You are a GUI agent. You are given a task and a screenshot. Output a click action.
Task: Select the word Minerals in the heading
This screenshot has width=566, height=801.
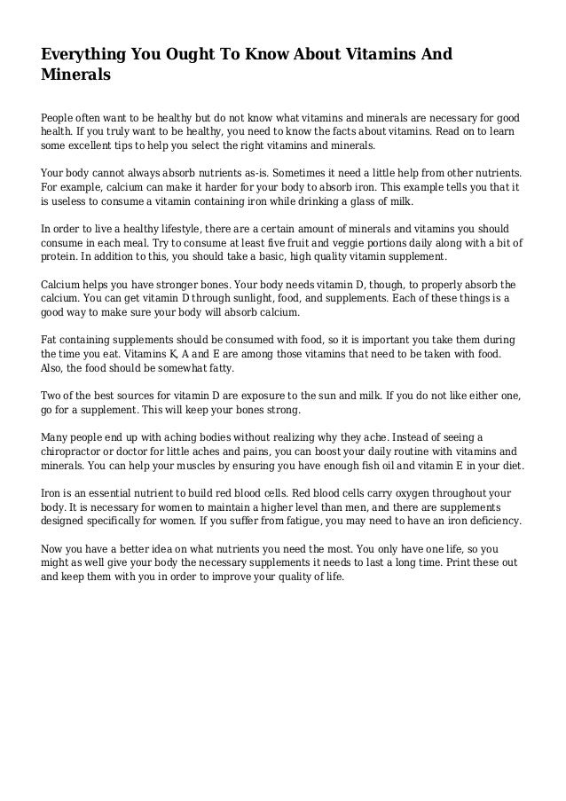click(x=76, y=75)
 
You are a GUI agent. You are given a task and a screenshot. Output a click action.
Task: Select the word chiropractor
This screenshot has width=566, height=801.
click(x=76, y=452)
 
